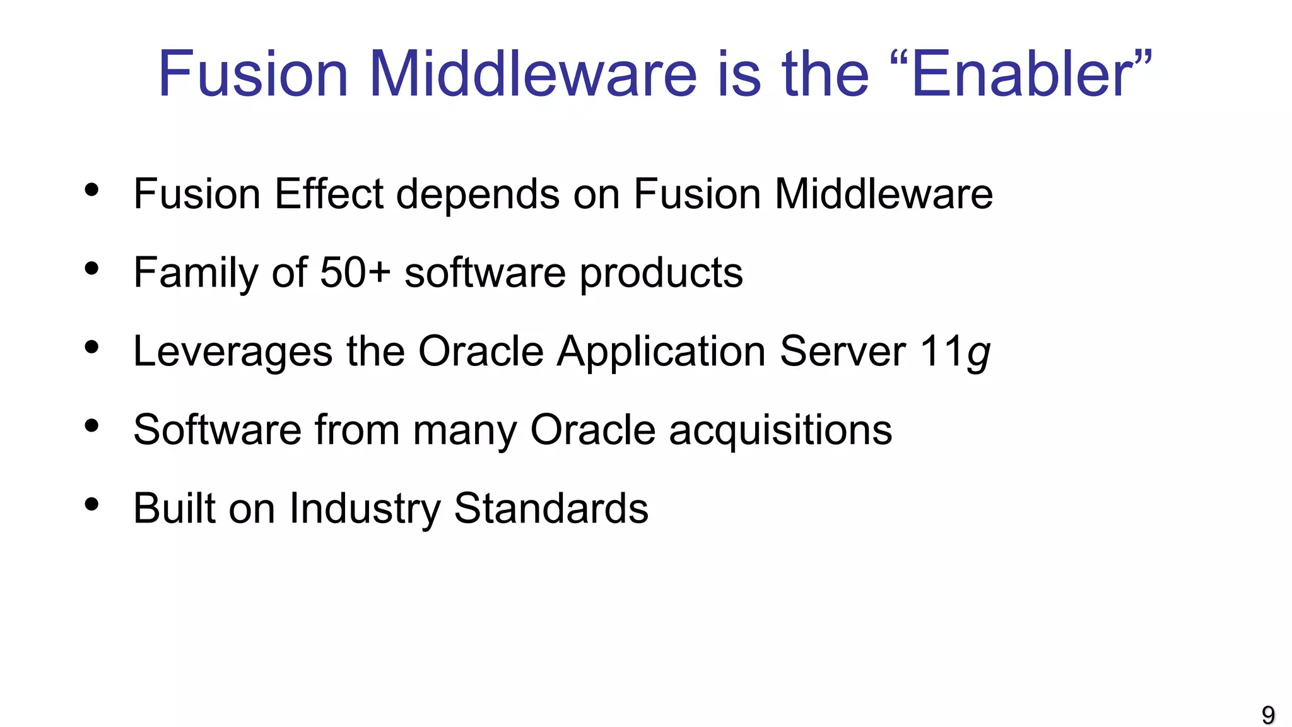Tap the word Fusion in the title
tap(252, 74)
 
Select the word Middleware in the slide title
tap(533, 74)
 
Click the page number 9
tap(1268, 715)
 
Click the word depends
tap(478, 195)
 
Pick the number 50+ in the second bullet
tap(355, 273)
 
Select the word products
tap(661, 274)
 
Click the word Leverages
tap(233, 352)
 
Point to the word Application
tap(661, 352)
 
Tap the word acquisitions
tap(780, 430)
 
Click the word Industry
tap(365, 509)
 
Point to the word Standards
tap(551, 509)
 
